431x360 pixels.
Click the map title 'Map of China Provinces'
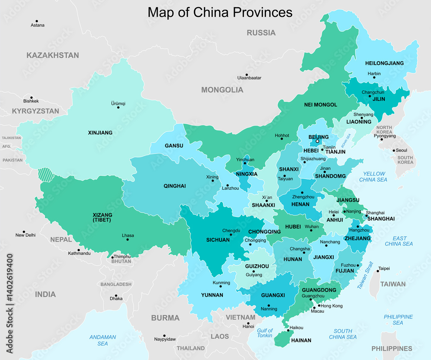coord(220,12)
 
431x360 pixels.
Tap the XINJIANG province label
coord(100,133)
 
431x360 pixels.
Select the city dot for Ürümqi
coord(118,107)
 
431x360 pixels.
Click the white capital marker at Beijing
coord(317,141)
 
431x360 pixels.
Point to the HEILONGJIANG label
coord(384,63)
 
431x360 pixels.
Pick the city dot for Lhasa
coord(128,240)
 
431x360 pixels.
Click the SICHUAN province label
coord(218,240)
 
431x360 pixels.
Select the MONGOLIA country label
coord(222,90)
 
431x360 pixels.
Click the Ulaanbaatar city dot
coord(247,75)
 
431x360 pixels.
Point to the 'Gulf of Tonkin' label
coord(265,333)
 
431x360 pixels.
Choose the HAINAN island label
coord(301,340)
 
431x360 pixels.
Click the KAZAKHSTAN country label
coord(53,55)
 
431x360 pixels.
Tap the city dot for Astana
coord(37,21)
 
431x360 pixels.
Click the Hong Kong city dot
coord(319,306)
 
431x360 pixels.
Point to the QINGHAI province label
coord(175,186)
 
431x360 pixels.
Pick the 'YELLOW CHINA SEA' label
coord(373,177)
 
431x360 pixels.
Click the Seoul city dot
coord(392,150)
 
